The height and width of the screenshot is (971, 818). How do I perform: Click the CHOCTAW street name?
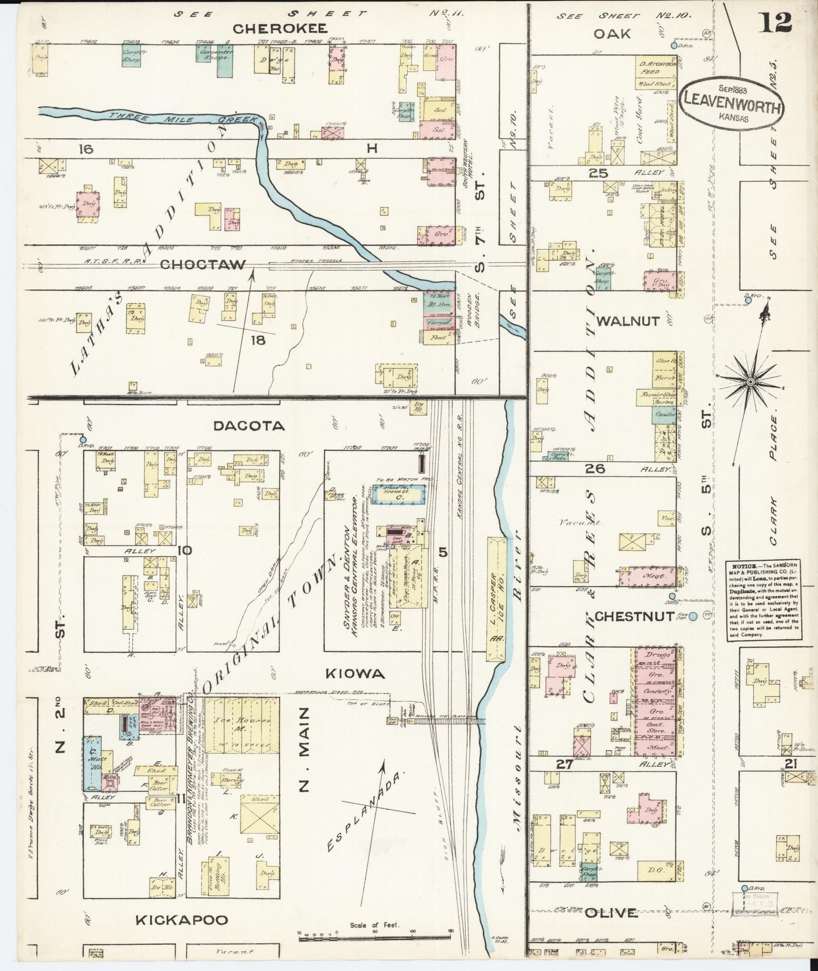tap(203, 265)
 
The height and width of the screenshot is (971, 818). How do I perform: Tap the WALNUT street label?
tap(628, 321)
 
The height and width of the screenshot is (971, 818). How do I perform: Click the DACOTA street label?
tap(249, 425)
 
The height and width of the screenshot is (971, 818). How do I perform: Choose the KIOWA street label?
tap(356, 674)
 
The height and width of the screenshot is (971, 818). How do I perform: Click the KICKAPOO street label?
tap(181, 921)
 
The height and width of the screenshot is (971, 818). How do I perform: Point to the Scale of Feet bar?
tap(374, 935)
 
